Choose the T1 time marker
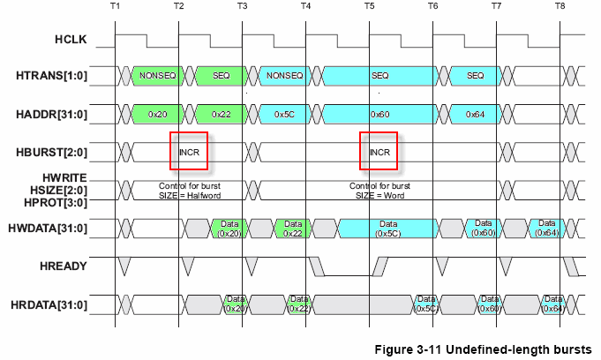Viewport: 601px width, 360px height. click(x=116, y=6)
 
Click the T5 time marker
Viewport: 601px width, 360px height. click(x=369, y=6)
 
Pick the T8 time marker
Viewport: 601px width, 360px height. click(x=560, y=6)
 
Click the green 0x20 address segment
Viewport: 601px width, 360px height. click(x=157, y=115)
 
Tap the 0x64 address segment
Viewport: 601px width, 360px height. click(x=475, y=115)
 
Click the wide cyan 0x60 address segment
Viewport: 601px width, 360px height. click(x=379, y=115)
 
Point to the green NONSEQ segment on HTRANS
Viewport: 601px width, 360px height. click(x=157, y=76)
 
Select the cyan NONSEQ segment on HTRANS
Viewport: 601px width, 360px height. click(x=284, y=76)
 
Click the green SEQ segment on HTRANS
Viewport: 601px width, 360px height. click(x=221, y=76)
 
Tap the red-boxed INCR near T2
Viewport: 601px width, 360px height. click(x=189, y=152)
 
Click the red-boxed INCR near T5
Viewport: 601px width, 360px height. click(x=379, y=152)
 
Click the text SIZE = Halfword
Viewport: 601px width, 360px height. click(x=190, y=194)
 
